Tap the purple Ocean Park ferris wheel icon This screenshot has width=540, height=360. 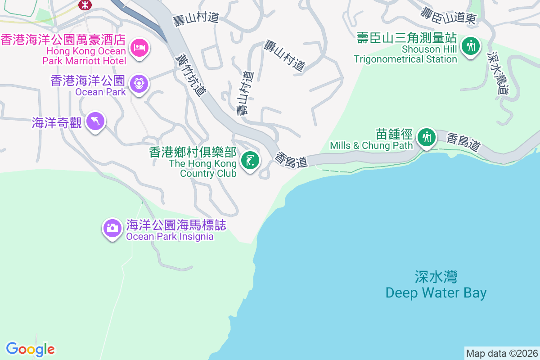coord(139,83)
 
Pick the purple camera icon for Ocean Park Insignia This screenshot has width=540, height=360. coord(112,228)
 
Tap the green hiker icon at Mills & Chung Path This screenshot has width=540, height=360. coord(426,136)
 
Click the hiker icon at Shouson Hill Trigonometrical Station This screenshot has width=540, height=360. coord(471,45)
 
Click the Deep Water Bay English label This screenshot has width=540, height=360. coord(436,293)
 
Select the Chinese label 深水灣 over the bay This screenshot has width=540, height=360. coord(436,277)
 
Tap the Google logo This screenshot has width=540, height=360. coord(31,349)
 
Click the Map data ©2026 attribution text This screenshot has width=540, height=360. coord(502,353)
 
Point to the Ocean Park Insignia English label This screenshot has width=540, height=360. coord(170,237)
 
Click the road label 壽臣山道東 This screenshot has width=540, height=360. coord(448,15)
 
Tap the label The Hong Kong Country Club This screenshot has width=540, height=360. coord(203,168)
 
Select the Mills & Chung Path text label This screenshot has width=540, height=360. coord(371,145)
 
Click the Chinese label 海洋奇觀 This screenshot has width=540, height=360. coord(57,122)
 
